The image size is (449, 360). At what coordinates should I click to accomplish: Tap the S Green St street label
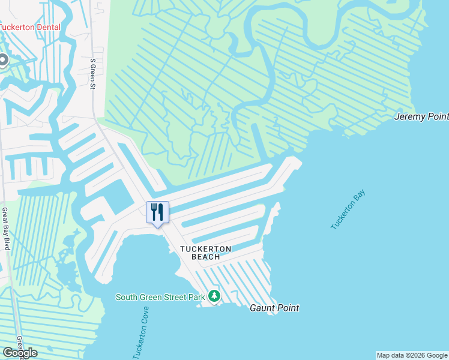pyautogui.click(x=93, y=73)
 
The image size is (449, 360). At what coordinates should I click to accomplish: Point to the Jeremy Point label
pyautogui.click(x=421, y=116)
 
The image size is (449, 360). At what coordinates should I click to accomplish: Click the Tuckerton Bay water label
pyautogui.click(x=348, y=210)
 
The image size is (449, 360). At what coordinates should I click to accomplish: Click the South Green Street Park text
pyautogui.click(x=160, y=297)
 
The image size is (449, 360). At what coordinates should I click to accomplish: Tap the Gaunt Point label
pyautogui.click(x=274, y=308)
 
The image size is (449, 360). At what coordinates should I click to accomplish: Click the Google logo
pyautogui.click(x=19, y=353)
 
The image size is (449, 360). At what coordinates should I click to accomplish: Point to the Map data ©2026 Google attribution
pyautogui.click(x=411, y=355)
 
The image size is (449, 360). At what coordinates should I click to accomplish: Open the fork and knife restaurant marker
pyautogui.click(x=157, y=212)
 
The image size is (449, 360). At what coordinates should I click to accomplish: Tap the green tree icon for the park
pyautogui.click(x=214, y=296)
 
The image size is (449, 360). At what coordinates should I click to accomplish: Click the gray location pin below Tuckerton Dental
pyautogui.click(x=2, y=60)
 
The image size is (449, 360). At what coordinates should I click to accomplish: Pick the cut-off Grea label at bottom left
pyautogui.click(x=20, y=341)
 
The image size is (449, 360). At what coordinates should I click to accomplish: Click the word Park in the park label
pyautogui.click(x=195, y=297)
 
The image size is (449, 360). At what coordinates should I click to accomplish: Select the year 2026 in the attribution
pyautogui.click(x=414, y=355)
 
